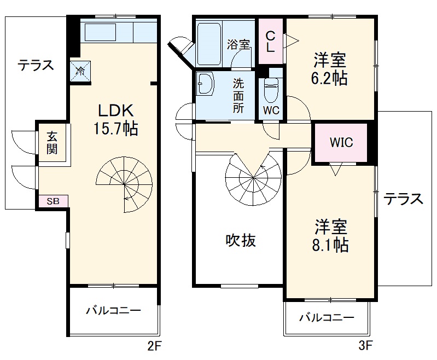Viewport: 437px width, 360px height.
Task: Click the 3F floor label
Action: pos(365,346)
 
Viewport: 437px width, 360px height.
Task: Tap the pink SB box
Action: pos(53,201)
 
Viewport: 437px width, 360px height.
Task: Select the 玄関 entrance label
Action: pos(52,143)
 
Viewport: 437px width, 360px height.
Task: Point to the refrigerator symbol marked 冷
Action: pos(80,70)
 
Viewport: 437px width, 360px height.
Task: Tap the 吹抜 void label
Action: pos(241,240)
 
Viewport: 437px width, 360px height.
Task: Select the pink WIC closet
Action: pos(341,143)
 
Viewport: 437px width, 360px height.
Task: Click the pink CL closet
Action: pos(270,41)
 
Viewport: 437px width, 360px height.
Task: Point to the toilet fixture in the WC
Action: pos(271,91)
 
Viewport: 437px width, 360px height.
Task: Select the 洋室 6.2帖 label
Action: pos(329,68)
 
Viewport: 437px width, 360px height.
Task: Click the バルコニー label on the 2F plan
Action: pos(113,310)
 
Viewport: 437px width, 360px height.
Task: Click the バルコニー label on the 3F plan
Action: pos(326,317)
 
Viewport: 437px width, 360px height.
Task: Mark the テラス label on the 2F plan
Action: pos(36,65)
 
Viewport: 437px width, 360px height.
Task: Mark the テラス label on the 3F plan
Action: pos(403,198)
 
